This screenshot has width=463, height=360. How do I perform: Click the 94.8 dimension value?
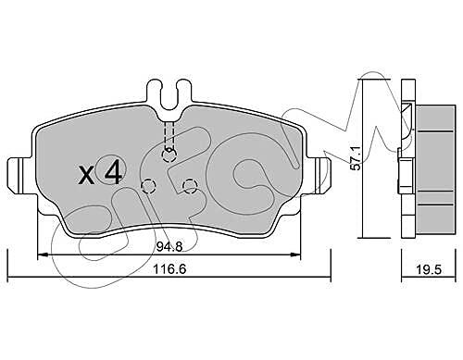coord(169,246)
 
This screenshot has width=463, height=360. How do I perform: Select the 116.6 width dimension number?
coord(169,269)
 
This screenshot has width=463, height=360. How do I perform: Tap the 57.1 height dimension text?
coord(357,158)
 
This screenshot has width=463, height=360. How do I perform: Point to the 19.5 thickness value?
coord(429,270)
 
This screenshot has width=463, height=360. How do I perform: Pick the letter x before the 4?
coord(87,175)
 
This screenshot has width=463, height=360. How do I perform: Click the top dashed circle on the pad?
coord(169,155)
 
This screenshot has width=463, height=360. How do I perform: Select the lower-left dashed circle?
coord(148,186)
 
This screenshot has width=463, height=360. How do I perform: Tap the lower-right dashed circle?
coord(190,186)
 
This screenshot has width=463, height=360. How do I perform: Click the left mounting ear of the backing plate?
coord(20,176)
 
